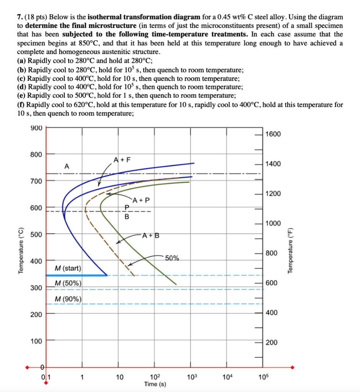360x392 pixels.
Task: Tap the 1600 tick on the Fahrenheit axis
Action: tap(273, 134)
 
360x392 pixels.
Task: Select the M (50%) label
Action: tap(67, 283)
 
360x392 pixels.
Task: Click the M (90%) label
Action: tap(67, 299)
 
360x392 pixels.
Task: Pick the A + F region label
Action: tap(121, 160)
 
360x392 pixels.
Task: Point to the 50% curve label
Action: tap(172, 258)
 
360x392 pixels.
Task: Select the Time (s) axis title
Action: tap(155, 384)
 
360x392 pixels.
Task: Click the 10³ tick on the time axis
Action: tap(191, 377)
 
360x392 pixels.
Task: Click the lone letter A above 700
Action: tap(67, 167)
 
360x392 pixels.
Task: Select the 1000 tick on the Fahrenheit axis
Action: tap(273, 223)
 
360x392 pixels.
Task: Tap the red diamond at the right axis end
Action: tap(293, 367)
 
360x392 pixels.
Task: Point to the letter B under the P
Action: tap(127, 217)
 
